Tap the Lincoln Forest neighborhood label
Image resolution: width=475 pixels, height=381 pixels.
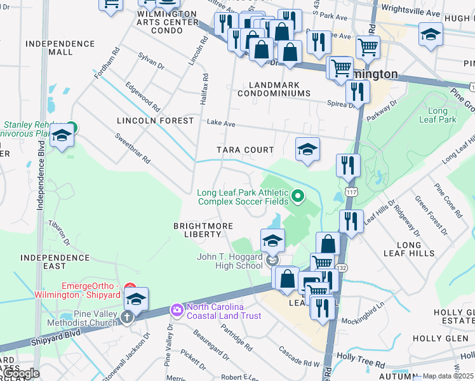(x=155, y=121)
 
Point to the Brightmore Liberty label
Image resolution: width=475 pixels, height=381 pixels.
(x=199, y=230)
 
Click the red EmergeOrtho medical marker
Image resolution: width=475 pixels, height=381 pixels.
(x=130, y=288)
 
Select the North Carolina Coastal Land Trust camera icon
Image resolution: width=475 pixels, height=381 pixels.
(x=176, y=309)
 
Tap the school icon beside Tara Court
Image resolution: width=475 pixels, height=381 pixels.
(x=307, y=150)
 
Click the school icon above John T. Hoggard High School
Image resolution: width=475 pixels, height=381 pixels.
(x=272, y=241)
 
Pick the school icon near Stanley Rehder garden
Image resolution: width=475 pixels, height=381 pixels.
(x=62, y=136)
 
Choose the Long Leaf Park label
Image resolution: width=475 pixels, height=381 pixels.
(x=438, y=115)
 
